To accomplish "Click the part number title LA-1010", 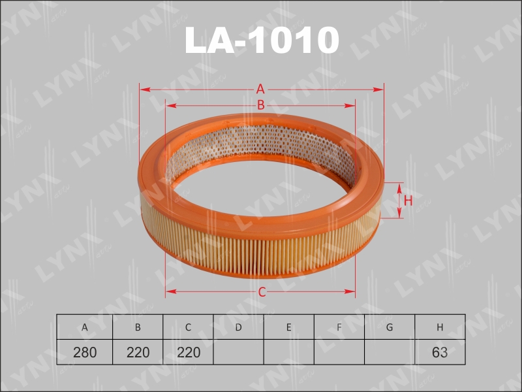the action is [x=262, y=40].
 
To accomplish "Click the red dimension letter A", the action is [x=260, y=90].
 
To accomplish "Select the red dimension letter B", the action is [x=260, y=105].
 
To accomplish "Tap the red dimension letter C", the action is [x=262, y=292].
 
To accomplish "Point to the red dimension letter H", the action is [x=408, y=201].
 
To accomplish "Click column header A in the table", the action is [x=85, y=327].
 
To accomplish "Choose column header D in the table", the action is [x=238, y=327].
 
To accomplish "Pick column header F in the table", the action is [x=339, y=327].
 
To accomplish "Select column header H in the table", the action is [x=440, y=327].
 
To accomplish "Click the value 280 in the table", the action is [x=85, y=352].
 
